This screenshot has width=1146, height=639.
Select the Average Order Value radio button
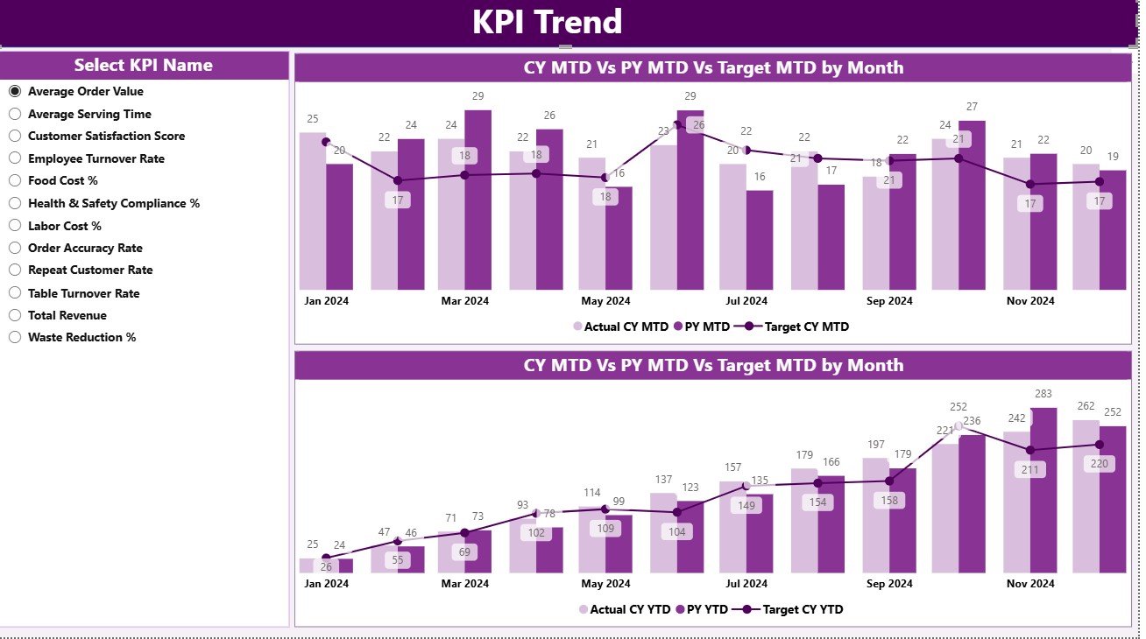(15, 91)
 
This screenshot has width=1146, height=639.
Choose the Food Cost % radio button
(15, 180)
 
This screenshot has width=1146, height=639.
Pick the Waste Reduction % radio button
(15, 337)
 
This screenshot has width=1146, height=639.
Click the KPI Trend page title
(547, 22)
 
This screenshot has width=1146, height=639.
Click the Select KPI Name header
(143, 66)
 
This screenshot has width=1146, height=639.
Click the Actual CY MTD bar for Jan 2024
(312, 210)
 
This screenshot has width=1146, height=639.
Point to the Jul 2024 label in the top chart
(746, 301)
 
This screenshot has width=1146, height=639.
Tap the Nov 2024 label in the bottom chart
(1030, 584)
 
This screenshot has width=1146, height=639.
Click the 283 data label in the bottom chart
(1043, 394)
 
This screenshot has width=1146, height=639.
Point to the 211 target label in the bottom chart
(1030, 470)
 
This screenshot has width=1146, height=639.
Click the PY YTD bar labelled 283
(1043, 490)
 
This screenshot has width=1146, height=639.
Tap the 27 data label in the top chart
(972, 107)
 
